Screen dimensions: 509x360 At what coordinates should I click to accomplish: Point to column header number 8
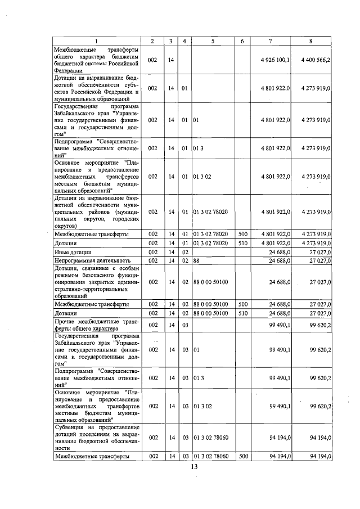(312, 42)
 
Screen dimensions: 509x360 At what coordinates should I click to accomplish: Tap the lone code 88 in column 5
(197, 260)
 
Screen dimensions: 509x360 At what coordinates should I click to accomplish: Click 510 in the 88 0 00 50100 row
(242, 313)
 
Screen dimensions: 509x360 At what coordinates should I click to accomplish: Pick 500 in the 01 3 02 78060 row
(242, 456)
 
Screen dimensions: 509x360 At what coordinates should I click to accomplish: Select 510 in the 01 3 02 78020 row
(242, 243)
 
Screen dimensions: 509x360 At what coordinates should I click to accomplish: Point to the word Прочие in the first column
(65, 321)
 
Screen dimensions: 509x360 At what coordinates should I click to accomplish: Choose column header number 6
(242, 42)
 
